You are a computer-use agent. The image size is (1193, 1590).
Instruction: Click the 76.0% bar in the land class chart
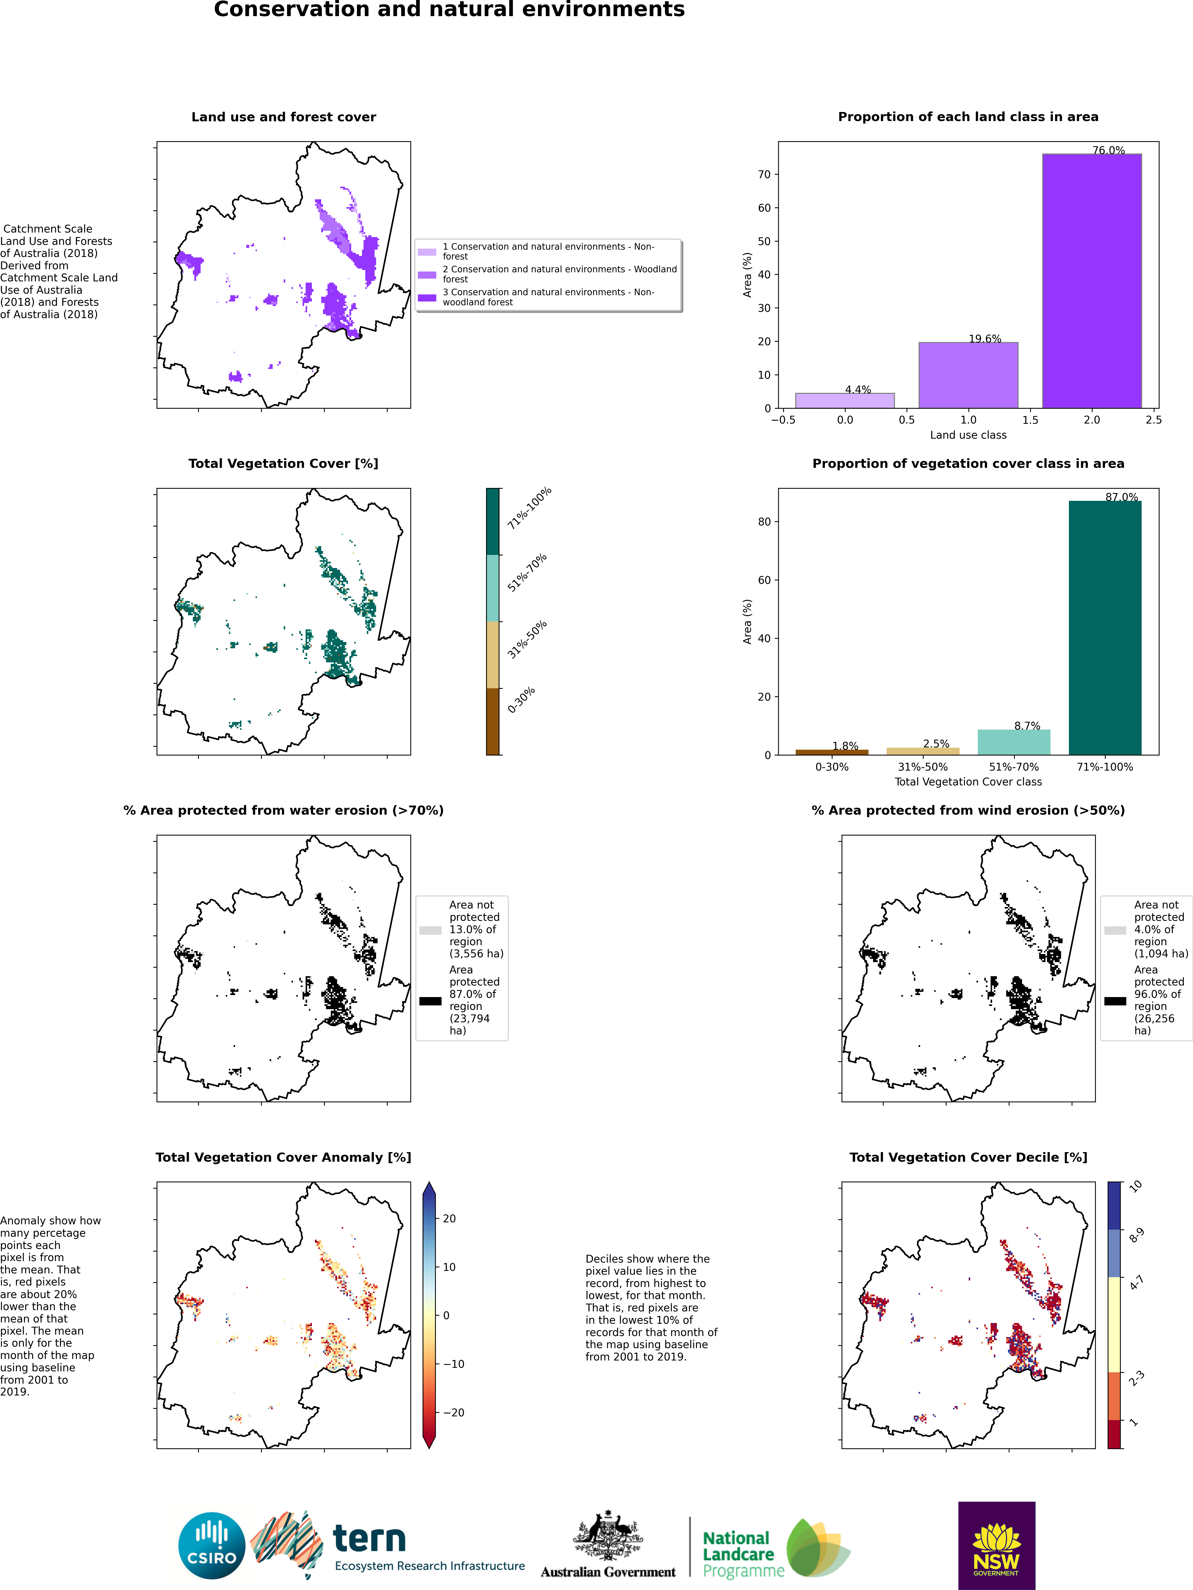[x=1092, y=281]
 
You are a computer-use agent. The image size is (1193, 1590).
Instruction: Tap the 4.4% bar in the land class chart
[x=845, y=400]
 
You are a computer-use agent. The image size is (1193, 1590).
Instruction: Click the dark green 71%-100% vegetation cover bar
[x=1105, y=627]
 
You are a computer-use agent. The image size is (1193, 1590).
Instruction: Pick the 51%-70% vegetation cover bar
[x=1014, y=742]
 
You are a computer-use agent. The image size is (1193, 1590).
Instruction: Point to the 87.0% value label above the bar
[x=1121, y=497]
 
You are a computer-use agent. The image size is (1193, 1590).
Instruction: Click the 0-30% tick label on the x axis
[x=832, y=767]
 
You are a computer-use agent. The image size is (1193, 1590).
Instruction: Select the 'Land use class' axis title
[x=968, y=435]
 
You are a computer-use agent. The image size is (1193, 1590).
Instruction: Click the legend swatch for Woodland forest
[x=427, y=275]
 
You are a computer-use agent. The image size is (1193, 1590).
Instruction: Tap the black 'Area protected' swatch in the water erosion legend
[x=430, y=1001]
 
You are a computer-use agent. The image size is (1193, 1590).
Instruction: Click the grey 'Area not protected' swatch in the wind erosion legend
[x=1115, y=930]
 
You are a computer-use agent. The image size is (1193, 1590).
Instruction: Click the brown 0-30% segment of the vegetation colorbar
[x=493, y=722]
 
